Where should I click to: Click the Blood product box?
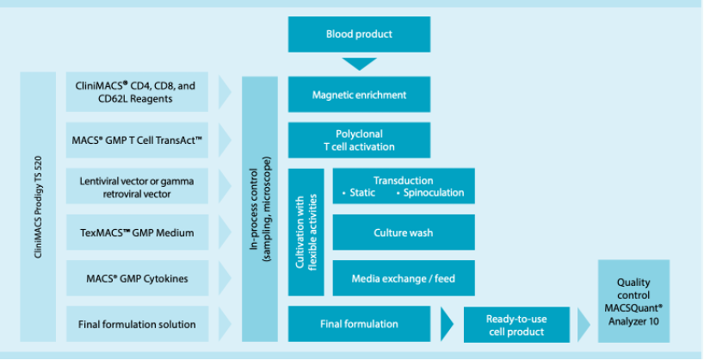[x=359, y=34]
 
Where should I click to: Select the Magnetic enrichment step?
[x=359, y=94]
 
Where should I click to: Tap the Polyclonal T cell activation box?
[x=359, y=140]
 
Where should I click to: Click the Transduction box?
[x=403, y=186]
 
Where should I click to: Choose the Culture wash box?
[x=403, y=233]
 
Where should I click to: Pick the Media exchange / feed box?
[x=403, y=278]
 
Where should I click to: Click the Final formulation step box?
[x=359, y=324]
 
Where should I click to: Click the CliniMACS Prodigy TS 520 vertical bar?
[x=37, y=208]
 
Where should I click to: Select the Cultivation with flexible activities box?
[x=306, y=232]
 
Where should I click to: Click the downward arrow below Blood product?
[x=359, y=64]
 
